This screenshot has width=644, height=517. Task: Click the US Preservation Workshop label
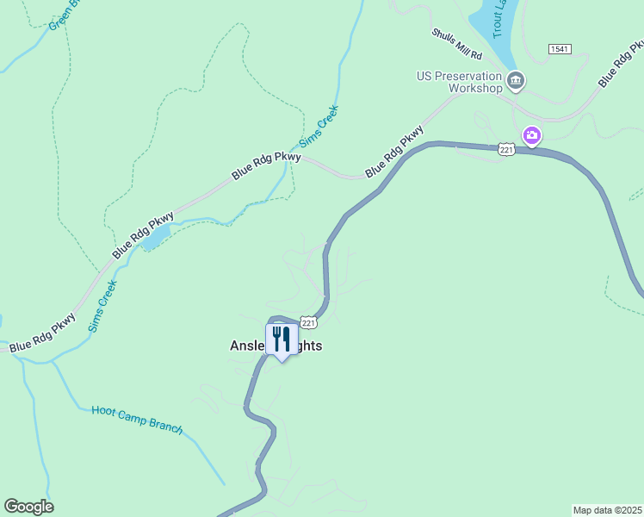[459, 82]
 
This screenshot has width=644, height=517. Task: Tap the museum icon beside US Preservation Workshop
[516, 82]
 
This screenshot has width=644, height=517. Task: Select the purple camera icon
[532, 135]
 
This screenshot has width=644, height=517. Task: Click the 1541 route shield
[558, 50]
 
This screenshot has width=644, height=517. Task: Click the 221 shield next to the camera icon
[506, 149]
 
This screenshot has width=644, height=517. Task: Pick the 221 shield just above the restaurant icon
[310, 322]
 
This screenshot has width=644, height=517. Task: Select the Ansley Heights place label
[276, 346]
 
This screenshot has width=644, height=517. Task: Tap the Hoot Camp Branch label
[137, 419]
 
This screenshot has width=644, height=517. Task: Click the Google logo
[28, 507]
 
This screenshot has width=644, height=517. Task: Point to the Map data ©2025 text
[607, 510]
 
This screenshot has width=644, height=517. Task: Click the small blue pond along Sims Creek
[153, 239]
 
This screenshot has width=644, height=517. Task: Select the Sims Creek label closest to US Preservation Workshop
[319, 127]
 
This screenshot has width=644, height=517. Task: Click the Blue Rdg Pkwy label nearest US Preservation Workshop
[394, 153]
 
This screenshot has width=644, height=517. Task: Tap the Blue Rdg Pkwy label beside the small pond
[143, 236]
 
